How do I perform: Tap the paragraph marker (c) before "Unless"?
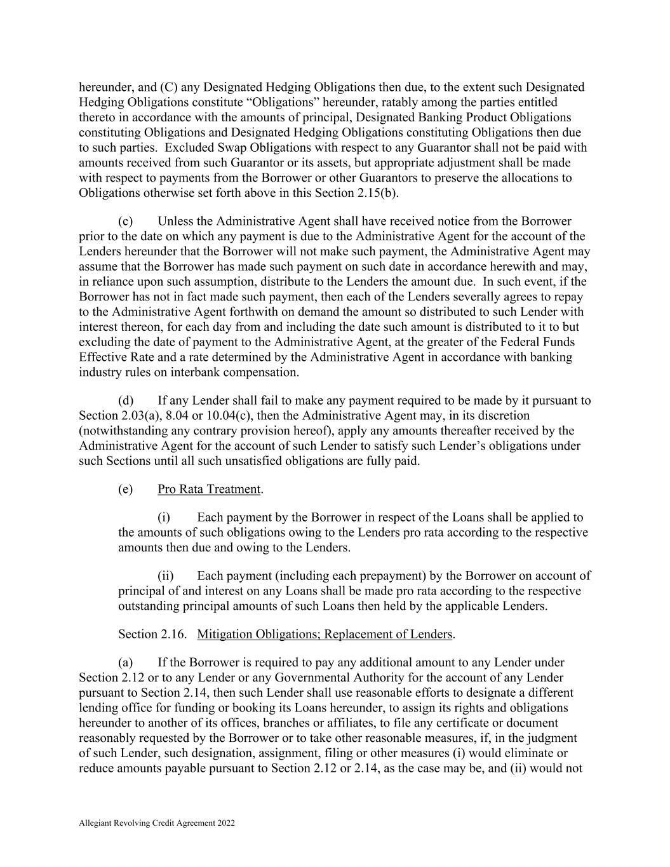click(125, 221)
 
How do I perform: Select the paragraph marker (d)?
click(125, 400)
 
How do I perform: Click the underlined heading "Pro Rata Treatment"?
click(209, 489)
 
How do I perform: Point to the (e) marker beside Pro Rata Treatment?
click(125, 489)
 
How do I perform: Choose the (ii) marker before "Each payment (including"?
click(166, 575)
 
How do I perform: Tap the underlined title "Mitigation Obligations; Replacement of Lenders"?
click(325, 634)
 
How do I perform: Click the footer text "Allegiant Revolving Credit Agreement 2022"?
click(157, 823)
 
